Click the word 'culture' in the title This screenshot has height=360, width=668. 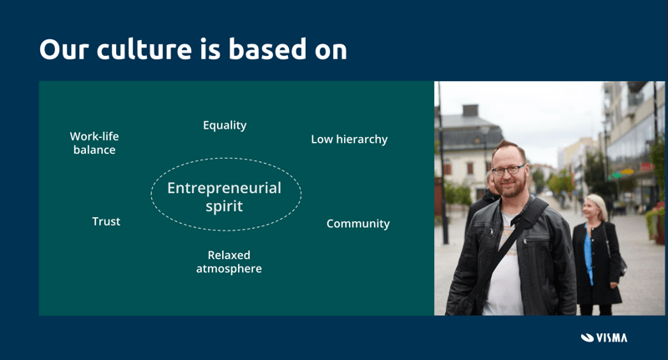(144, 49)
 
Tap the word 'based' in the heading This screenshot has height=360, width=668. (267, 48)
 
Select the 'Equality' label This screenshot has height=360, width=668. (225, 125)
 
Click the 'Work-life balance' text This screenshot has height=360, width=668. (94, 143)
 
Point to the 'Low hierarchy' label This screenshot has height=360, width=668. (349, 139)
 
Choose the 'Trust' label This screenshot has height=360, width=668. (106, 221)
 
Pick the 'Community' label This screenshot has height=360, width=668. (358, 224)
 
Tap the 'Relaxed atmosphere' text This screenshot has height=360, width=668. (229, 261)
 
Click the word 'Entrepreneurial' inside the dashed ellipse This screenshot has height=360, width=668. (224, 188)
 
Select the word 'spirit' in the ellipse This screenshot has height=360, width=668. (224, 206)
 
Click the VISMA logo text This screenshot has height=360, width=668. (611, 337)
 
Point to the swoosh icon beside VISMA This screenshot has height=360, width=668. (587, 337)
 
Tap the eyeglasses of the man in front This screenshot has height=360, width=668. (509, 170)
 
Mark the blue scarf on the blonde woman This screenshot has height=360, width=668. (589, 255)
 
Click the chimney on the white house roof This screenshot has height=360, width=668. (470, 110)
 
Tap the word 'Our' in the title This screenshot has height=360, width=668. (64, 49)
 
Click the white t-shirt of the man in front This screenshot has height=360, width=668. (504, 272)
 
